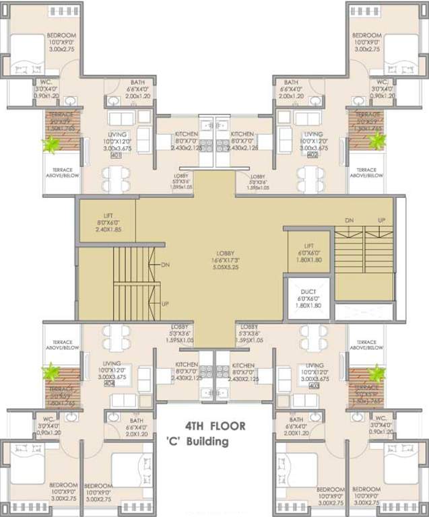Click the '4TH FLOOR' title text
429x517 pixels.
[x=216, y=426]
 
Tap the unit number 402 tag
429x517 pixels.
[x=312, y=156]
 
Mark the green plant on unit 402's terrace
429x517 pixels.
[x=377, y=141]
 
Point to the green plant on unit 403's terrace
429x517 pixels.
[x=376, y=373]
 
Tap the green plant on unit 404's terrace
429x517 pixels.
[x=50, y=372]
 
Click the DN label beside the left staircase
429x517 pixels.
[x=166, y=265]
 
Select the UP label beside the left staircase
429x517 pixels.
[x=166, y=304]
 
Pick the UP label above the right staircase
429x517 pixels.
[x=382, y=221]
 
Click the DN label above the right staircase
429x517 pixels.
[x=349, y=221]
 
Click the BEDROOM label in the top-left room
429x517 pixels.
[x=61, y=35]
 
